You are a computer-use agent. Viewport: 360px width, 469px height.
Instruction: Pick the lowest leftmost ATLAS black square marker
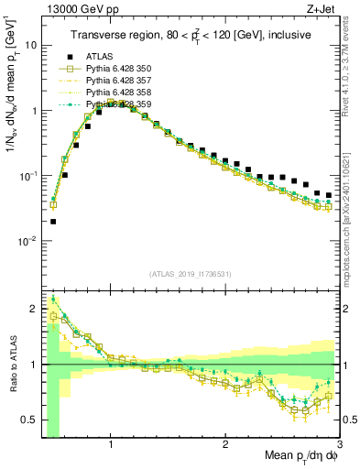click(53, 221)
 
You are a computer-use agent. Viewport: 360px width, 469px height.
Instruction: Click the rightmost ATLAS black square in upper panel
click(329, 195)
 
